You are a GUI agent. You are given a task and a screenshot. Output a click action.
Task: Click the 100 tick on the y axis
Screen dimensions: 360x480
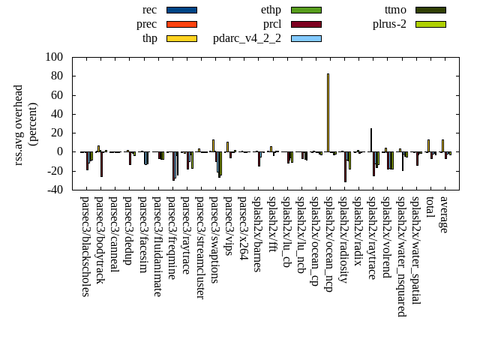(54, 57)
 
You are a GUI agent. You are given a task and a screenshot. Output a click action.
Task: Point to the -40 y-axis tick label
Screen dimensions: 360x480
(54, 190)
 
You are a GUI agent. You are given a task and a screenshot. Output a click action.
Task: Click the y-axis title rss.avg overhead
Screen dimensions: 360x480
(25, 123)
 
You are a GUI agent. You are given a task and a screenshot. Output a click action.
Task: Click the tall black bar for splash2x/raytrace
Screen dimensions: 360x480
(371, 140)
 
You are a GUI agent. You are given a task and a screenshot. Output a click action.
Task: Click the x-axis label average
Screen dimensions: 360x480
(444, 214)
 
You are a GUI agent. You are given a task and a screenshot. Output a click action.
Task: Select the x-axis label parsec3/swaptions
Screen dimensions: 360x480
(215, 239)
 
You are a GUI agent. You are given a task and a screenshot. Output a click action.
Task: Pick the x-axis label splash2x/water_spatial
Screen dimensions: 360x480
(415, 250)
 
